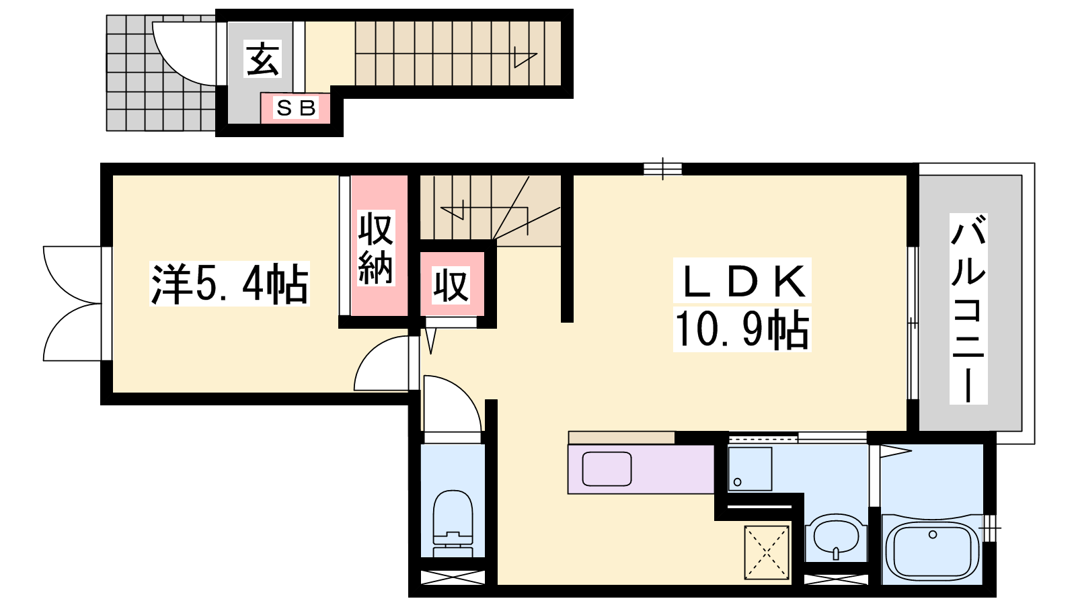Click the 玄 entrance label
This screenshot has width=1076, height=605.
coord(262,59)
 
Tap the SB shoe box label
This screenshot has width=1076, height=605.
coord(296,108)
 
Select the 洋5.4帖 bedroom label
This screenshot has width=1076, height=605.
coord(229,284)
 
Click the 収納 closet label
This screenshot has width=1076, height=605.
coord(376,248)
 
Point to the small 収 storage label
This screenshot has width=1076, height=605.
coord(451,286)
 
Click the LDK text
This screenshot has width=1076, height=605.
coord(742,281)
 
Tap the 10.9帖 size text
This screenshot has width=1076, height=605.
coord(742,329)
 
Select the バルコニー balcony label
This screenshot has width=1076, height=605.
coord(968,309)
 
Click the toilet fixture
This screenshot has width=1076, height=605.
coord(453,524)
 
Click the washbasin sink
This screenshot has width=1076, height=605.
coord(837,537)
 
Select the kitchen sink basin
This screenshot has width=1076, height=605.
coord(607,469)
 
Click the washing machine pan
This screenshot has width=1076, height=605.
coord(750,469)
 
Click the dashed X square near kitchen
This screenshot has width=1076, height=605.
coord(767,552)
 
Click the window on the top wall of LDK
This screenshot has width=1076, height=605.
coord(662,169)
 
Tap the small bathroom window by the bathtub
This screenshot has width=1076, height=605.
coord(989,528)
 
